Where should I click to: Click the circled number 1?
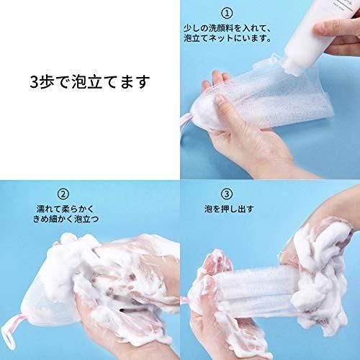click(x=226, y=13)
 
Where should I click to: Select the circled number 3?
click(x=227, y=194)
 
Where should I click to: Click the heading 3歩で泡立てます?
click(x=90, y=81)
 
